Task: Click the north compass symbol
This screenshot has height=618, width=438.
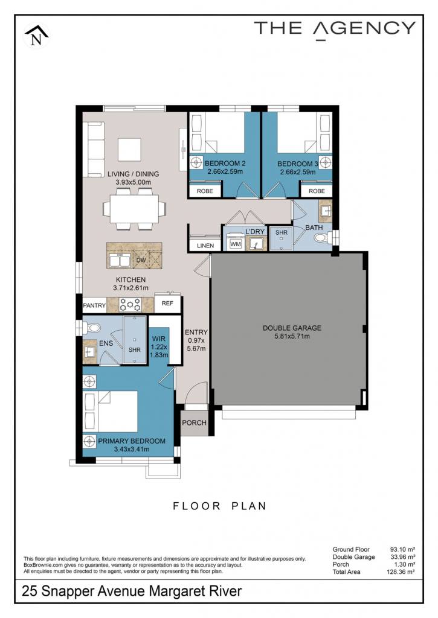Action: pos(36,36)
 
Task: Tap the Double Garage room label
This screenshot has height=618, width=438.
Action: pos(292,328)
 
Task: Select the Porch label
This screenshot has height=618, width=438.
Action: pos(194,422)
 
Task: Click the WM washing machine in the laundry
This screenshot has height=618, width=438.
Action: pos(236,244)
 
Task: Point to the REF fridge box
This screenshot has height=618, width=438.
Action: pos(167,303)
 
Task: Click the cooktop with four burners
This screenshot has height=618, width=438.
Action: pos(130,305)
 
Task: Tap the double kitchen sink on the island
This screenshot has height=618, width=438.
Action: pos(120,261)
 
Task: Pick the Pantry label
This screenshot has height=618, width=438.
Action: pos(94,305)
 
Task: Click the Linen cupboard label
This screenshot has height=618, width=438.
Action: pos(205,246)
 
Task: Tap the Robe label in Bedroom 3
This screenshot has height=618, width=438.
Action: pos(317,191)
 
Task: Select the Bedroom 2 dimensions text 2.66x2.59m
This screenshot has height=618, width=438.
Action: pos(225,172)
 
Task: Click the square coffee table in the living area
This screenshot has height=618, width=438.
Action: pos(129,150)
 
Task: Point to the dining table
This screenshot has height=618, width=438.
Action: pos(134,209)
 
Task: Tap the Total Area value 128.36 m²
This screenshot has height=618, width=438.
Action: pos(401,572)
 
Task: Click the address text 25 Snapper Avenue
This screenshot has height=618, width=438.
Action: pos(84,591)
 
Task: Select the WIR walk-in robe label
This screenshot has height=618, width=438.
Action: pos(159,339)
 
